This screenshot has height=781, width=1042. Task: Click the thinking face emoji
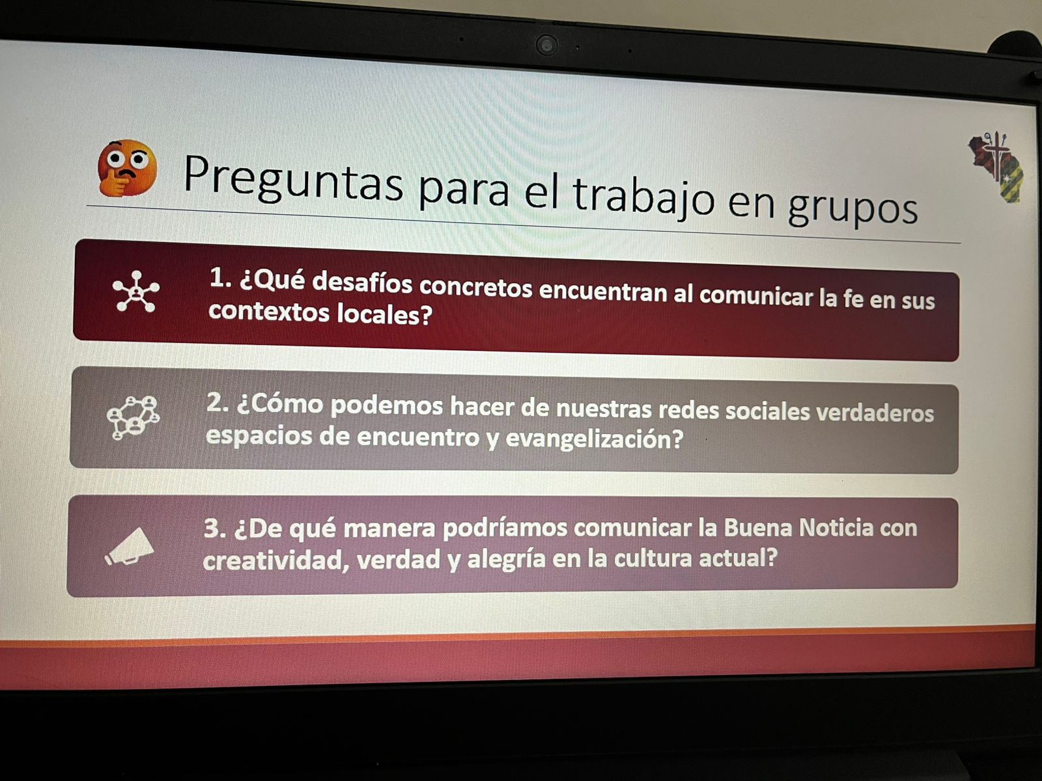[x=127, y=169]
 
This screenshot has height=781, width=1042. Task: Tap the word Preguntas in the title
[x=293, y=181]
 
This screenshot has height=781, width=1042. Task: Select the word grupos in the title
[x=852, y=206]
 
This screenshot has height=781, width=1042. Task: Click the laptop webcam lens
[x=546, y=46]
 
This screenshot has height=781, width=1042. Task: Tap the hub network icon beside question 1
[x=136, y=292]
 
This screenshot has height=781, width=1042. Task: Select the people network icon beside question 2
[x=134, y=418]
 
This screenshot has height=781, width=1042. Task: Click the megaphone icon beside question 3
[x=130, y=547]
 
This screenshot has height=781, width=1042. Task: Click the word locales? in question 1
[x=384, y=314]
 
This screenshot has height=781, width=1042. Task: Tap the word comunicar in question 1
[x=756, y=296]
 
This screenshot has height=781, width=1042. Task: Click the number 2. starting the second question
[x=218, y=403]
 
